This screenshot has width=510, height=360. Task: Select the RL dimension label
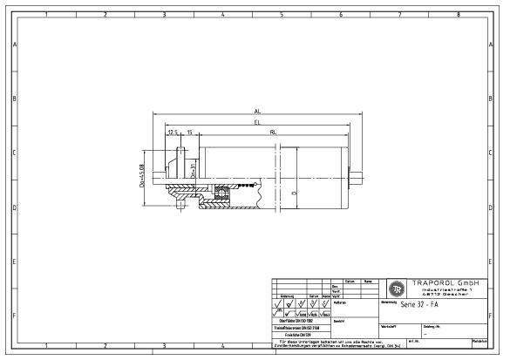(274, 132)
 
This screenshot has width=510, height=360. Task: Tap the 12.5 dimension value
(173, 132)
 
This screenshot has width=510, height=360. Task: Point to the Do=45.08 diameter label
(142, 173)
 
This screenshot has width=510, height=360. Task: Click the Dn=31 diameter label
(193, 168)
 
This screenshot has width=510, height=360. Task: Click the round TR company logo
(397, 289)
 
